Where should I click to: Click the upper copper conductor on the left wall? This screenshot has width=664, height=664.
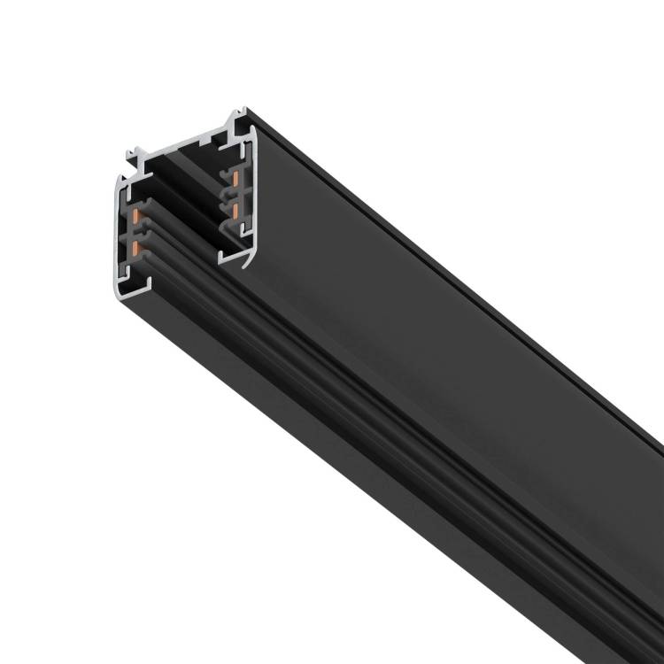[135, 215]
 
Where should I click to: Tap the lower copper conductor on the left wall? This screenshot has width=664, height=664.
[135, 249]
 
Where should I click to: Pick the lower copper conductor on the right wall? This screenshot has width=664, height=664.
[236, 210]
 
